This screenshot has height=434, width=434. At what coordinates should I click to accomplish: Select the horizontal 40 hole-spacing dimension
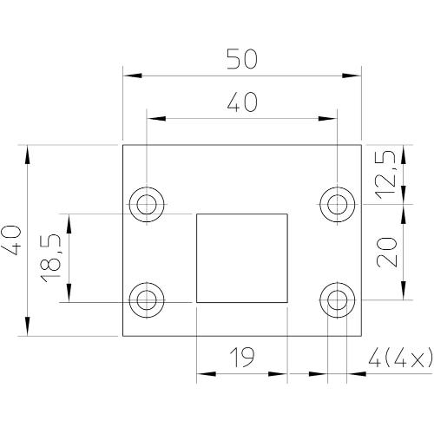click(x=241, y=102)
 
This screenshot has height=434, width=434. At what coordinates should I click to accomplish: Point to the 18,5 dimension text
click(x=51, y=257)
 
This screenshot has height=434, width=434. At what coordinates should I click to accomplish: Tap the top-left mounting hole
click(x=145, y=205)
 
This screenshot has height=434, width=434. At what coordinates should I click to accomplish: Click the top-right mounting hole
click(x=337, y=205)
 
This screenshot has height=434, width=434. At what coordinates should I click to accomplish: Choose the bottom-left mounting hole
click(x=145, y=300)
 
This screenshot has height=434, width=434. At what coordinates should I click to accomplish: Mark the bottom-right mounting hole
click(x=337, y=300)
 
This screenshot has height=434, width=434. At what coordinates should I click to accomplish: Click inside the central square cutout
click(x=241, y=257)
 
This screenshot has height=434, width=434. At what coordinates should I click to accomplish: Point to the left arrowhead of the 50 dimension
click(x=128, y=76)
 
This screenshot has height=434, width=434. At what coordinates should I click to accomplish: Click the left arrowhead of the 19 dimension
click(x=203, y=375)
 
